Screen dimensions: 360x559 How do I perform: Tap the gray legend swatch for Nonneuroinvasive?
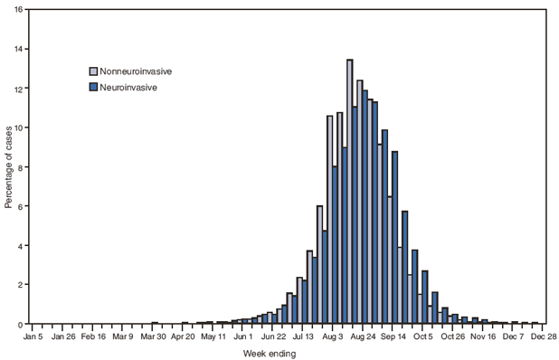click(92, 71)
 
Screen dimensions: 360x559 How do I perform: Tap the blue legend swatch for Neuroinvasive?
click(92, 88)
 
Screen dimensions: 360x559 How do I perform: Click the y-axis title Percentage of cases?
click(8, 166)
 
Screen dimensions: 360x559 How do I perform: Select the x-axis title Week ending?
click(270, 354)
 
